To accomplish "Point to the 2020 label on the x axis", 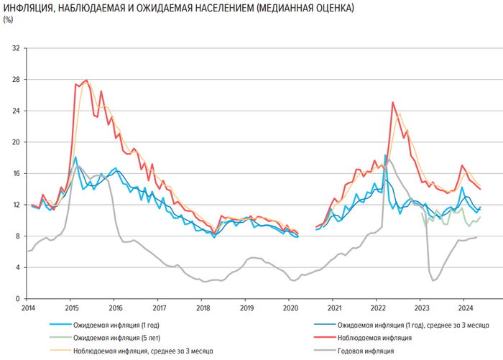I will point(291,307).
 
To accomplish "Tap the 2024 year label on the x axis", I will point(463,307).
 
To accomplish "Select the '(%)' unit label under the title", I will point(9,19).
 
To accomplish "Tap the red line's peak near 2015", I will point(86,80).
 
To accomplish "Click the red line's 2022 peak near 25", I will point(392,102).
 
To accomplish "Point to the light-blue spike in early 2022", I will point(386,154).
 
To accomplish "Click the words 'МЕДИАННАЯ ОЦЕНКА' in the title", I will point(307,10).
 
